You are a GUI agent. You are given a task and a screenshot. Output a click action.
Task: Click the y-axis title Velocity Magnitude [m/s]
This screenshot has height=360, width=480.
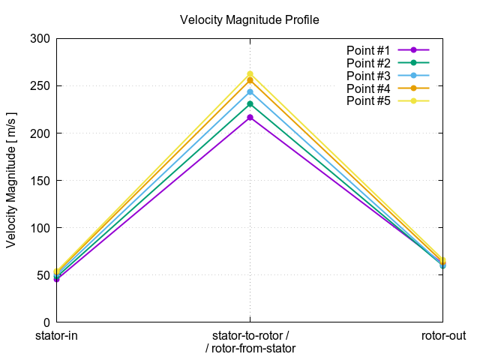(x=11, y=180)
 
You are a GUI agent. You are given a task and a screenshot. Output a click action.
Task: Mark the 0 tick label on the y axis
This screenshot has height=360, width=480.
(x=46, y=322)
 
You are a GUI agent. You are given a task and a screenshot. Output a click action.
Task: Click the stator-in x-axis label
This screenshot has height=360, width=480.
(x=56, y=335)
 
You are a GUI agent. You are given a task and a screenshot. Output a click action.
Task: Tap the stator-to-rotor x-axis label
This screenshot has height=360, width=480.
(x=250, y=335)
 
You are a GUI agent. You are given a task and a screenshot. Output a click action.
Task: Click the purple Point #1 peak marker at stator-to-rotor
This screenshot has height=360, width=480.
(x=250, y=117)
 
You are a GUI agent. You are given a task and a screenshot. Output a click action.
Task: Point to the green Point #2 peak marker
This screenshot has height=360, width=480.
(x=250, y=104)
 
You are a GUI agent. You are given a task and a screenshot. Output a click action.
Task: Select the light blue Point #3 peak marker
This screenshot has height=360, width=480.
(x=250, y=92)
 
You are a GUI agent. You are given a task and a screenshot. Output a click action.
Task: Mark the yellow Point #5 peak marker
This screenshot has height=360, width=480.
(x=250, y=74)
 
